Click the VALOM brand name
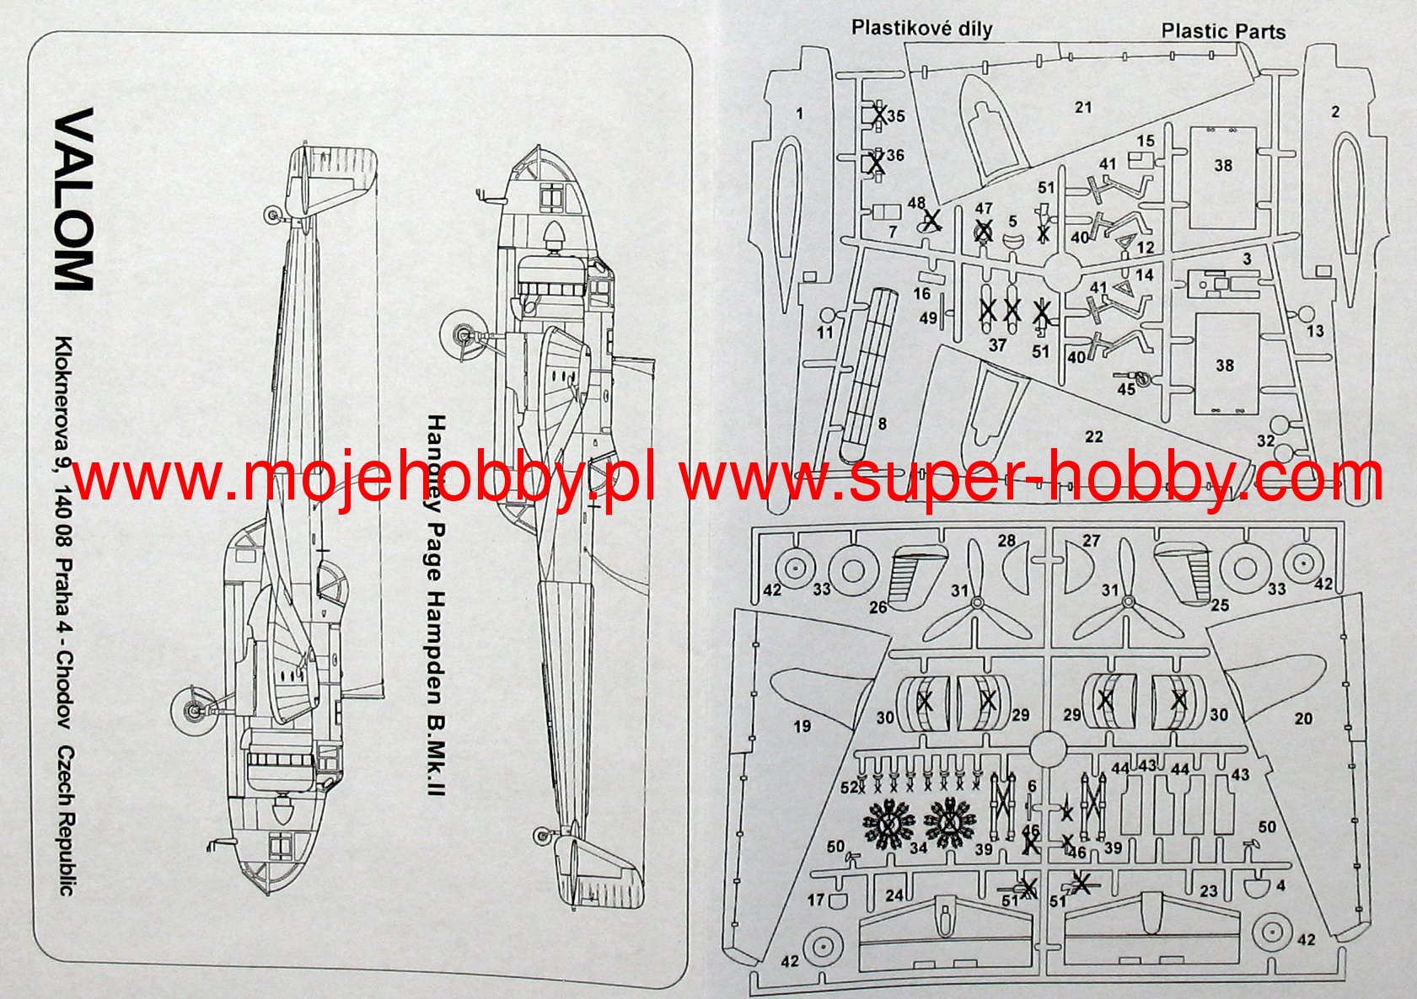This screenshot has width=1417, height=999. point(73,199)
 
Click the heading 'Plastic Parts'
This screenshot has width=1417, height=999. point(1223,31)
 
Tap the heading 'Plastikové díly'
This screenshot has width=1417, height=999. point(921,28)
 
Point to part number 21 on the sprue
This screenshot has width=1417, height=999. point(1083,108)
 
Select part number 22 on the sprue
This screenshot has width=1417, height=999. point(1093,436)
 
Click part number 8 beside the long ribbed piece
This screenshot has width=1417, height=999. point(883,424)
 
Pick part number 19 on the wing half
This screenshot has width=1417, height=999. point(802,725)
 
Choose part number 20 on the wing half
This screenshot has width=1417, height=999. point(1303,719)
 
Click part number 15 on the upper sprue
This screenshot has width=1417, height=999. point(1145,141)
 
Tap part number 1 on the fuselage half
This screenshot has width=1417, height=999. point(799,113)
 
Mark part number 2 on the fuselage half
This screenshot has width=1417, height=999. point(1334,111)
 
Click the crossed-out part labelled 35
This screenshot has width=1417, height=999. point(879,114)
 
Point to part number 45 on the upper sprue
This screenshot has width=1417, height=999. point(1126,389)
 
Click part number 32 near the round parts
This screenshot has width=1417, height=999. point(1265,441)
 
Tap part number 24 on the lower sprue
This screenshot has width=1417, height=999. point(894,895)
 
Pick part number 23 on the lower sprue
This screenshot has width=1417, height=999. point(1209,890)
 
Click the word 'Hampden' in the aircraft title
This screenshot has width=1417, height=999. point(435,640)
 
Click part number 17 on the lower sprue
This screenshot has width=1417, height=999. point(815,900)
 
